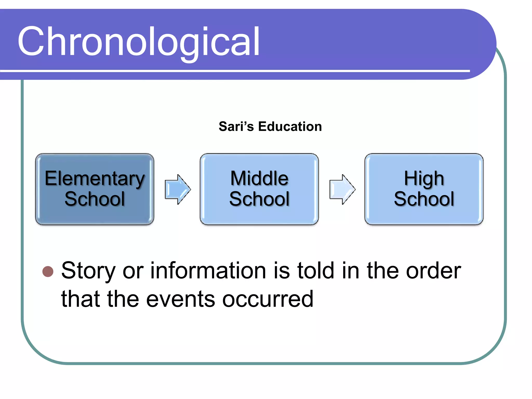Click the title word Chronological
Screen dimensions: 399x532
pos(138,42)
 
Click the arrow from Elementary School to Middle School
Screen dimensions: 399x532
pos(178,189)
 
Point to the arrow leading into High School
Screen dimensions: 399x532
pos(342,189)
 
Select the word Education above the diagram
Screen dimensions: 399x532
pos(290,127)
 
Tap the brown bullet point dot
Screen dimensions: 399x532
pos(48,272)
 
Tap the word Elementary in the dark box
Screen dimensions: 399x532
pos(95,179)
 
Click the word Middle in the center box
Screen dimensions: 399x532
pos(259,178)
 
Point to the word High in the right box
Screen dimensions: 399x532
pos(424,179)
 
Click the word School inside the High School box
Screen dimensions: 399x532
pos(424,199)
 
